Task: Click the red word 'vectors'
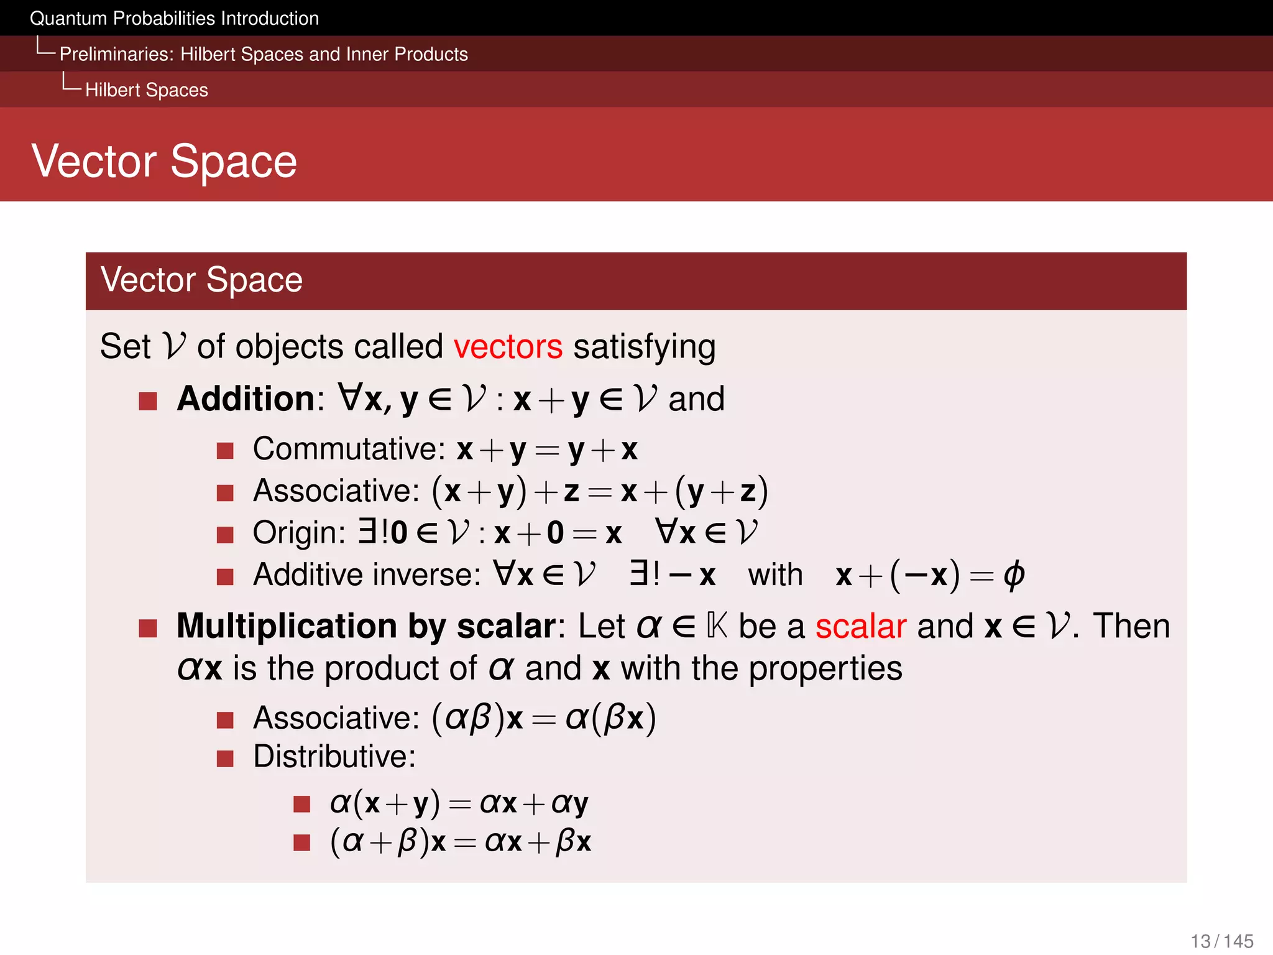(x=507, y=347)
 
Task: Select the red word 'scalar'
(x=860, y=626)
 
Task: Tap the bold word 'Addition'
(x=247, y=399)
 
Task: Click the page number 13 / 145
(x=1221, y=941)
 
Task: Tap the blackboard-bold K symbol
(x=717, y=626)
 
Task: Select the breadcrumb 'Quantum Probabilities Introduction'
(x=174, y=19)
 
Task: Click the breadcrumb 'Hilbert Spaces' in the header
(x=147, y=90)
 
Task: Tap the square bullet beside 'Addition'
(x=148, y=401)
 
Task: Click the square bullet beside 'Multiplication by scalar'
(x=148, y=629)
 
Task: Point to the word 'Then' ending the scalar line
(x=1131, y=626)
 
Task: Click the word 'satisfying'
(x=644, y=347)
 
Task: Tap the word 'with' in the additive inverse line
(x=774, y=575)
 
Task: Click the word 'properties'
(x=825, y=669)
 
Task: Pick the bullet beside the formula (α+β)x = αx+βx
(x=302, y=842)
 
